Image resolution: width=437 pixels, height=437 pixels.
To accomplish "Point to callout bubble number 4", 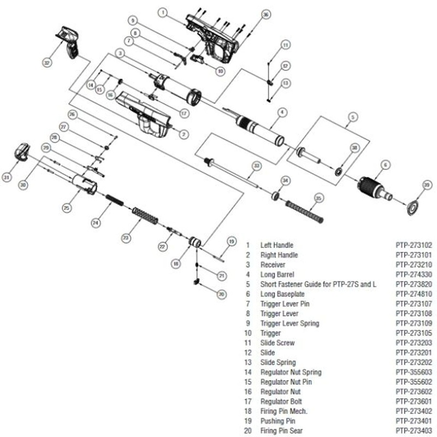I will (x=281, y=113).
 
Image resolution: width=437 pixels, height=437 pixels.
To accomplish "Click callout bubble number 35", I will (x=319, y=197).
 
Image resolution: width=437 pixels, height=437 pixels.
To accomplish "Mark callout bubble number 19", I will (x=231, y=241).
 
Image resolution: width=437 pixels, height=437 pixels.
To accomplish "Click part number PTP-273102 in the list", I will (x=414, y=245).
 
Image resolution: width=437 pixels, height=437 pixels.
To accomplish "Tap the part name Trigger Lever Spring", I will (x=290, y=323).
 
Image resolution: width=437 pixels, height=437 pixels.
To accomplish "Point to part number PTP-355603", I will (x=414, y=373).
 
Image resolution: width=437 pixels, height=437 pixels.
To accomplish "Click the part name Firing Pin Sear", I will (x=280, y=431).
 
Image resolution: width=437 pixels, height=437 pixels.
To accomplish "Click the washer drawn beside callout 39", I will (x=412, y=207).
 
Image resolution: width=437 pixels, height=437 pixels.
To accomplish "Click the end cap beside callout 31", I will (x=22, y=151).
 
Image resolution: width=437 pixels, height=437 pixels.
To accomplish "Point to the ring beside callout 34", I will (x=276, y=195).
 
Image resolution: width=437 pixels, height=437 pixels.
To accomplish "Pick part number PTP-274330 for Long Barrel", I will (x=414, y=274).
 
